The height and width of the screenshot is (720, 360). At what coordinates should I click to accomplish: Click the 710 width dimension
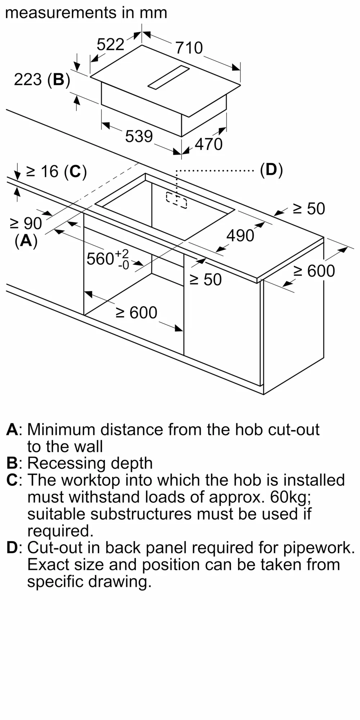(189, 48)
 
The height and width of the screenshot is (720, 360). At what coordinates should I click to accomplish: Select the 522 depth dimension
(111, 45)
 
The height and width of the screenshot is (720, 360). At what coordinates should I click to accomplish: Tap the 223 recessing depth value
(28, 79)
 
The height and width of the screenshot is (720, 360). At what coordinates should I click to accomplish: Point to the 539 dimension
(139, 136)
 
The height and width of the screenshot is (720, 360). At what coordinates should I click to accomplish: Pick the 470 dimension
(209, 144)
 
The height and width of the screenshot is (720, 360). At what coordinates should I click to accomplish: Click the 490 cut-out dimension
(240, 235)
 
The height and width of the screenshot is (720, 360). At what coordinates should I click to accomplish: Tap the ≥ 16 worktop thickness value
(42, 171)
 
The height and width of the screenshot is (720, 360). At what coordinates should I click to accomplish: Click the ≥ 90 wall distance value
(26, 224)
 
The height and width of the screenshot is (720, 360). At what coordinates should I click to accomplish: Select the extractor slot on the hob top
(168, 77)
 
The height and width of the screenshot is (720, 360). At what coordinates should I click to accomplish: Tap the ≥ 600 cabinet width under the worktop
(136, 312)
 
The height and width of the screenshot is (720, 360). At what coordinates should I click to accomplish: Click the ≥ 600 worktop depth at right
(314, 271)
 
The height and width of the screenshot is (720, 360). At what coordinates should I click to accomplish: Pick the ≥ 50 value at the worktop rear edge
(309, 209)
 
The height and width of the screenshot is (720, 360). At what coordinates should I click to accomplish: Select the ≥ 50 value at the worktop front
(206, 279)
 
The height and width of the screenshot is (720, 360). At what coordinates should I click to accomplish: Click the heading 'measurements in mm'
(86, 13)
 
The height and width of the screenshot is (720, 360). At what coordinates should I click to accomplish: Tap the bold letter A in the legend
(12, 429)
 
